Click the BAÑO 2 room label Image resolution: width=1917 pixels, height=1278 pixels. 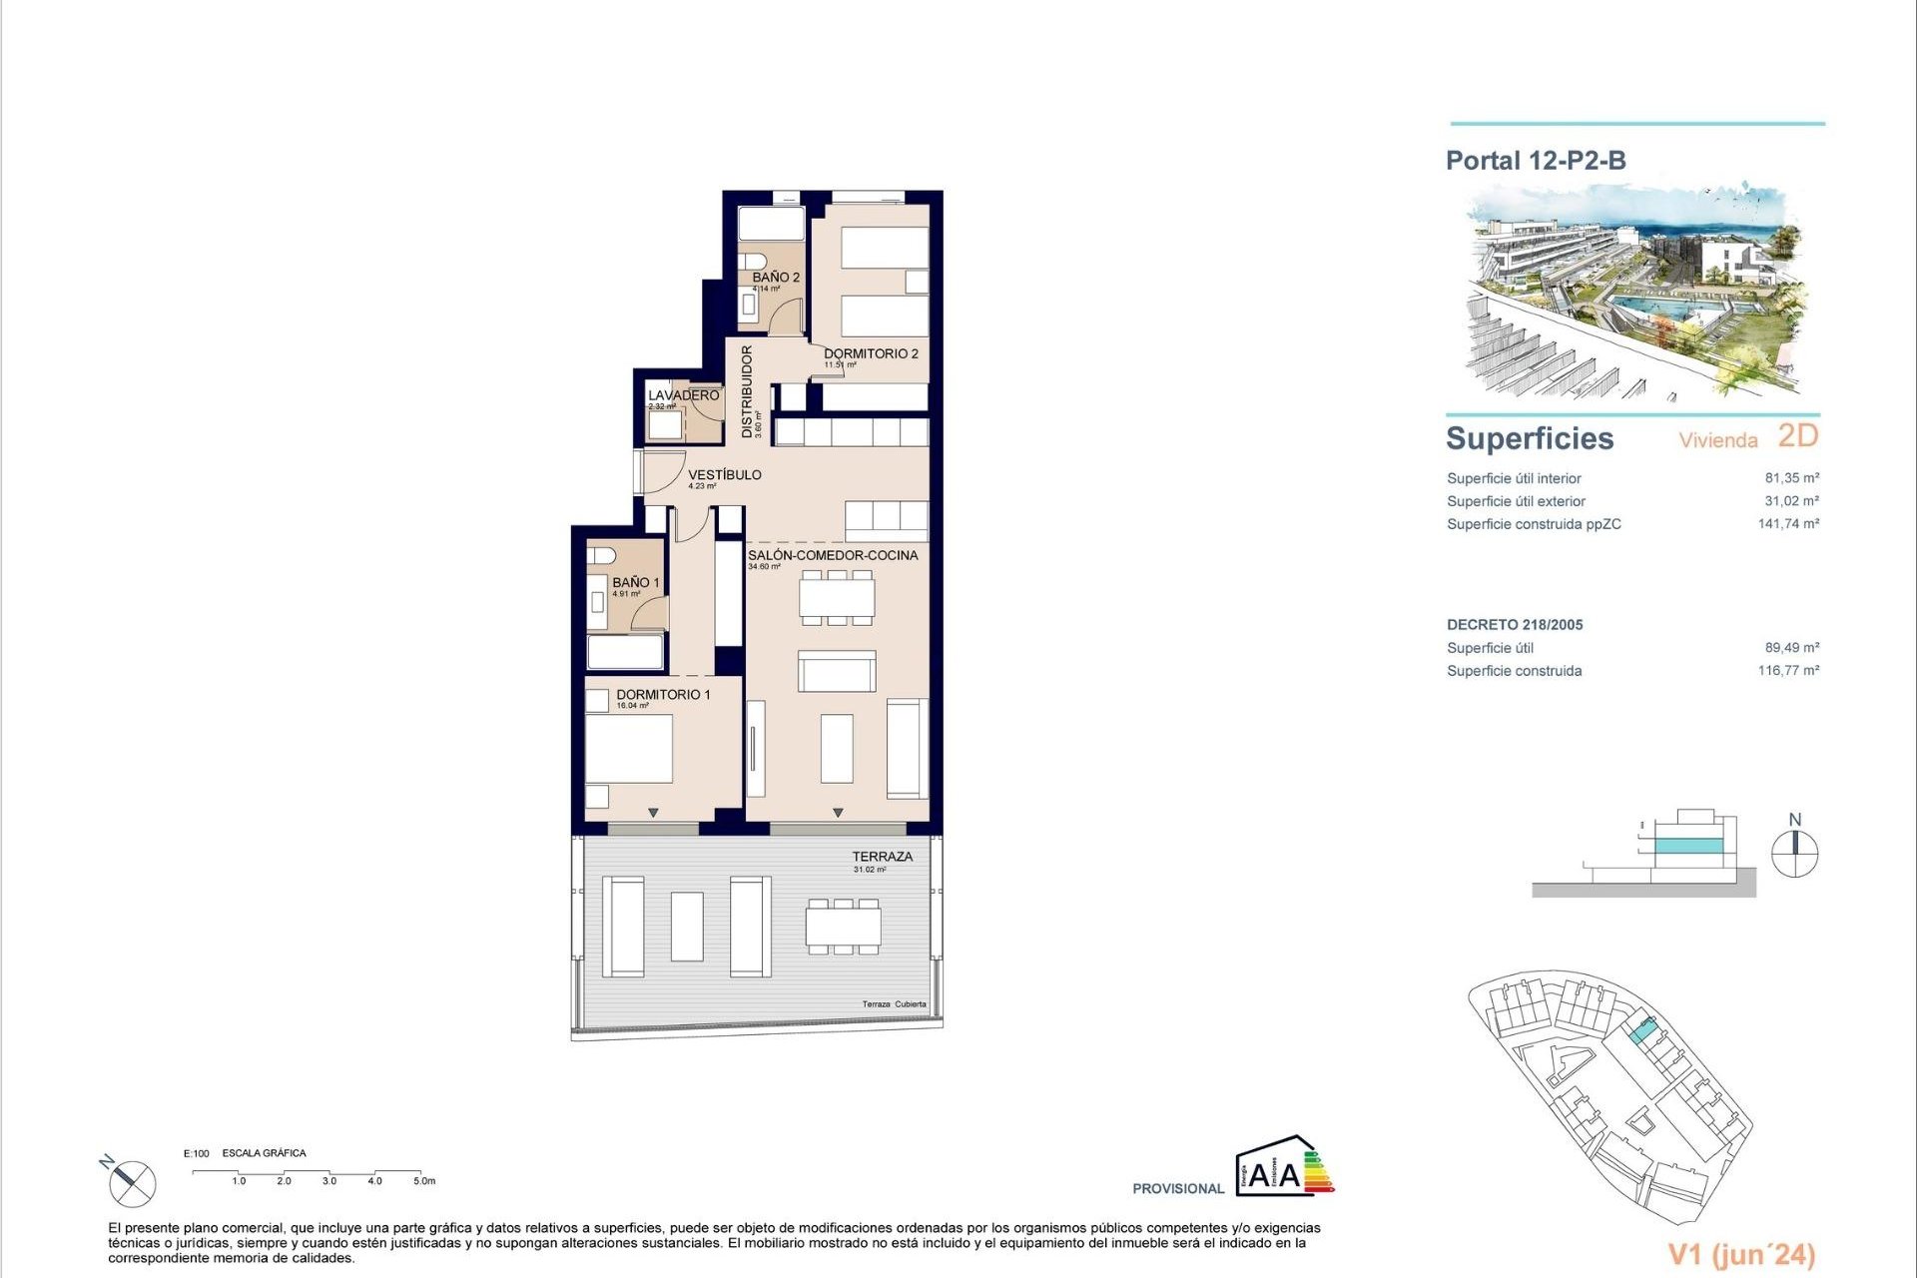pos(776,278)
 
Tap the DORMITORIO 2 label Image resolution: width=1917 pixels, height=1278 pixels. pos(871,353)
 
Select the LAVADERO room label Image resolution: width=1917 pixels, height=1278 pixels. pos(683,395)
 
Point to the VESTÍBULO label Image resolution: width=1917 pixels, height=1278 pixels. pos(725,474)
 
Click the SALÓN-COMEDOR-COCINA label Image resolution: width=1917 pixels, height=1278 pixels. pos(833,555)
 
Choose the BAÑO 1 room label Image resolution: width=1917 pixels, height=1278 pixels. pos(636,582)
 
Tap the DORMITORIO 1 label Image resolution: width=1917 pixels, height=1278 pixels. pos(663,694)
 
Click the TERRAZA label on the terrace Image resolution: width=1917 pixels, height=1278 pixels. pos(882,857)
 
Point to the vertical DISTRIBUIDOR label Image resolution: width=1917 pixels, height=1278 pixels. pos(747,392)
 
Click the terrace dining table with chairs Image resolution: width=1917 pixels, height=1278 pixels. pos(844,927)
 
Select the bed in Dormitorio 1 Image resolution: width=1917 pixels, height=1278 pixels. pos(628,748)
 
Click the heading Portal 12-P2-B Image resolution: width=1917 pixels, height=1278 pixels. pos(1536,160)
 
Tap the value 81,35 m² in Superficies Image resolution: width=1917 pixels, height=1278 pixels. pos(1791,478)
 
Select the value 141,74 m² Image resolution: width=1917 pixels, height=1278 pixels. pos(1788,523)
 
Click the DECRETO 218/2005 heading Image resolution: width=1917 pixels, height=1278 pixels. pos(1515,625)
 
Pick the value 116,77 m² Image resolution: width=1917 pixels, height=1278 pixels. pos(1788,670)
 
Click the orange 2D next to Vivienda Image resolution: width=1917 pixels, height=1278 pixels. pos(1798,436)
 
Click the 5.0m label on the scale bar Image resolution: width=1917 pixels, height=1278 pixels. pos(424,1181)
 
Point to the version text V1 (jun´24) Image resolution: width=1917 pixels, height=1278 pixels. pos(1741,1254)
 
